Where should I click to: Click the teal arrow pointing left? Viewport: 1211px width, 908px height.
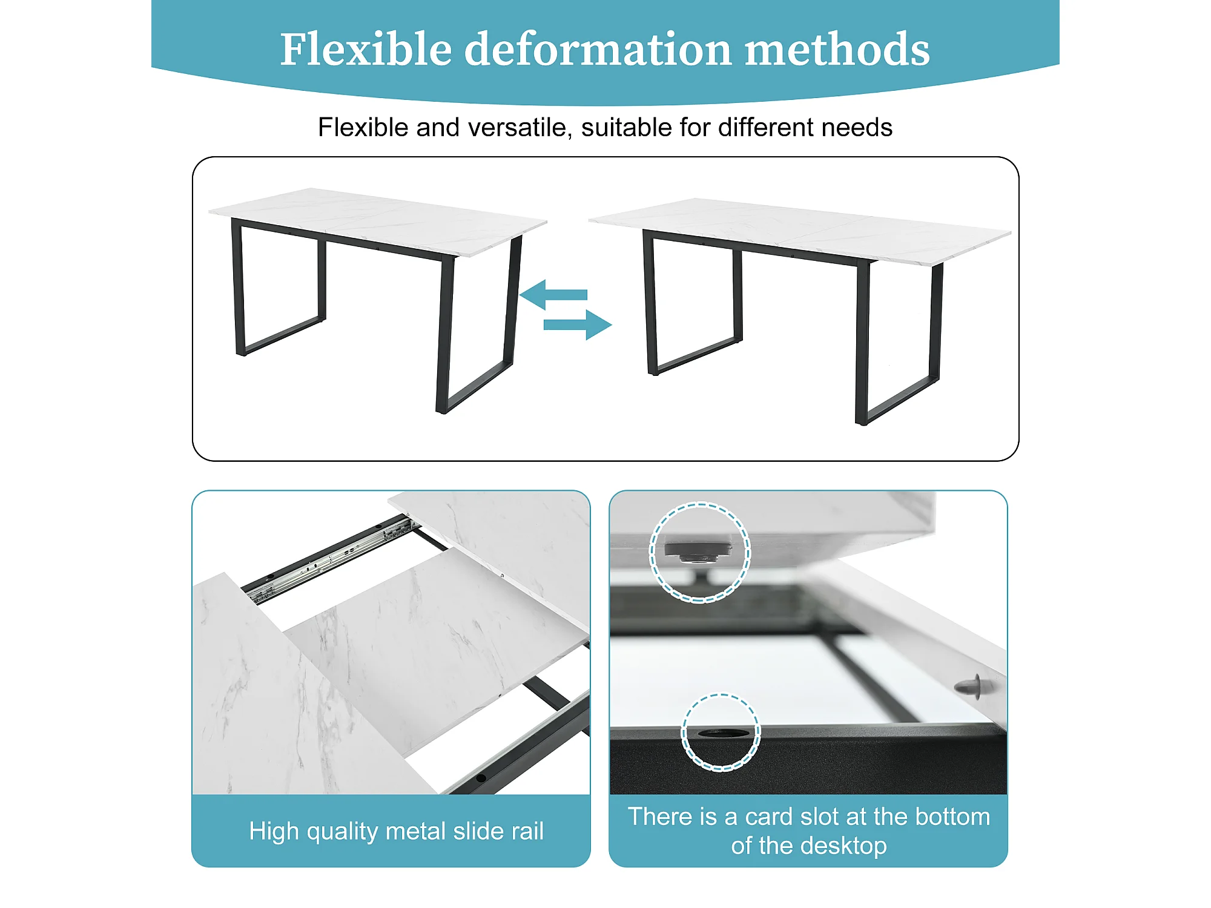click(553, 295)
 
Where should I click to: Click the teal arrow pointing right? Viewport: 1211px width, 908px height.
click(578, 325)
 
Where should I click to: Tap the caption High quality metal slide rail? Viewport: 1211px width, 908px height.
click(397, 831)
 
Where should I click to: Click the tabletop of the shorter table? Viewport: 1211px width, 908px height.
click(378, 222)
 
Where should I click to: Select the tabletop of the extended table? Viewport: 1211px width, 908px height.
click(799, 231)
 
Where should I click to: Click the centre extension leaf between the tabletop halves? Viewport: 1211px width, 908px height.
click(437, 642)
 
